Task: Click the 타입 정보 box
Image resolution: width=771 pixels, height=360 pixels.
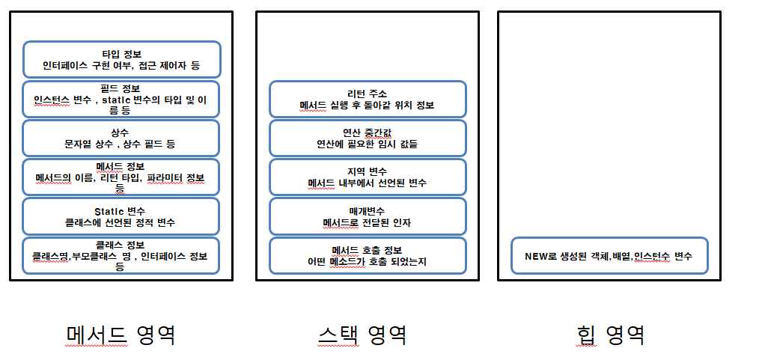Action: (x=122, y=59)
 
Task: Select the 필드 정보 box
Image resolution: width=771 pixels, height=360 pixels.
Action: (x=122, y=99)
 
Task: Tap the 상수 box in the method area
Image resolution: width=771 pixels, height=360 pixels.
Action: (x=122, y=138)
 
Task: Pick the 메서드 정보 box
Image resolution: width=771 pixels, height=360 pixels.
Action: (x=122, y=177)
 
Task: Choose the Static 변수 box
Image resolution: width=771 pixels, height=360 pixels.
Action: (x=122, y=216)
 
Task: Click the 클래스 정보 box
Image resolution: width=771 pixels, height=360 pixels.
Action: (x=122, y=255)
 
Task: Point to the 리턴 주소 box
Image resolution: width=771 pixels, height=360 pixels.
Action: (x=368, y=99)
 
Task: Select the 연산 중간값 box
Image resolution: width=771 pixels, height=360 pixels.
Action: (x=368, y=138)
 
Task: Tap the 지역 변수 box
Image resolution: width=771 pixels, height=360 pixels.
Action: (x=368, y=177)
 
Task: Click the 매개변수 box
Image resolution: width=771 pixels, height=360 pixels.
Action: (x=368, y=216)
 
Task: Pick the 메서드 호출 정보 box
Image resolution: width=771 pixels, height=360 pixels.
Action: (x=368, y=255)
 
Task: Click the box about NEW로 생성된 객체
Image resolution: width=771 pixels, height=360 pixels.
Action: (x=609, y=256)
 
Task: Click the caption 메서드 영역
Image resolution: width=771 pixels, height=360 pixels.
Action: (x=121, y=334)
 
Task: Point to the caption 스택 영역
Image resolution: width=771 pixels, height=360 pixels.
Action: (x=362, y=334)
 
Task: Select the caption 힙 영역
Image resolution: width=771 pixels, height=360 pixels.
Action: (x=611, y=334)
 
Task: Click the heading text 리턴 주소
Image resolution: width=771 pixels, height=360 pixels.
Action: (x=368, y=94)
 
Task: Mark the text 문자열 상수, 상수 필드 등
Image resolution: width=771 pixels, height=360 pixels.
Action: (x=122, y=143)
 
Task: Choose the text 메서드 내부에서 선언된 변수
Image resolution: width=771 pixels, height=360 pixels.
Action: (x=368, y=183)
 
